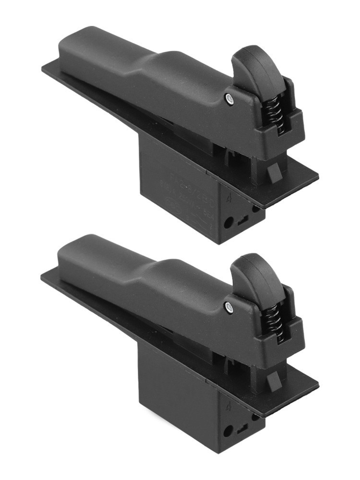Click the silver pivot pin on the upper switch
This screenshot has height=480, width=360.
[229, 99]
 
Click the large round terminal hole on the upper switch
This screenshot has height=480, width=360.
[229, 223]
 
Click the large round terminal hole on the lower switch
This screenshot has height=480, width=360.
[228, 431]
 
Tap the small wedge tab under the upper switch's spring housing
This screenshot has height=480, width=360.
[275, 173]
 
